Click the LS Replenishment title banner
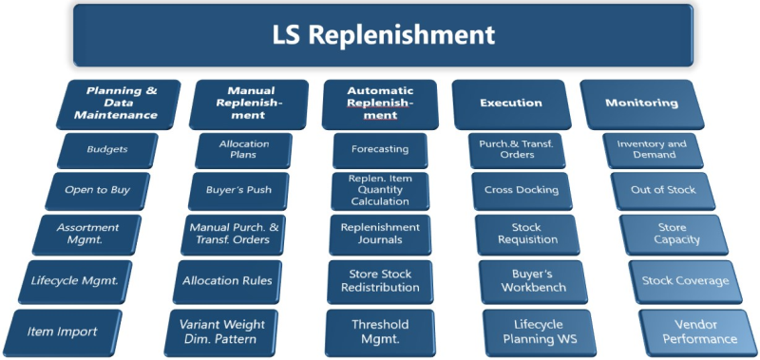click(383, 35)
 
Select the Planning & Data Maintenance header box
click(122, 103)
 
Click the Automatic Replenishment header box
click(380, 103)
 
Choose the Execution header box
click(511, 103)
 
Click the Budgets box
click(106, 149)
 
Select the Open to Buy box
click(97, 189)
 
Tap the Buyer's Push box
click(237, 189)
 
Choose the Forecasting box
click(380, 149)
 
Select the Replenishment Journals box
click(380, 234)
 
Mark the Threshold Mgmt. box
click(380, 332)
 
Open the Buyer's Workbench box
click(533, 280)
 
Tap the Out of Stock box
click(663, 189)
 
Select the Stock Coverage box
click(683, 280)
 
